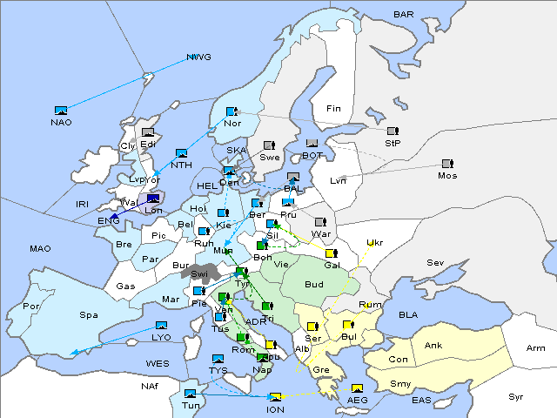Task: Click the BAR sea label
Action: pyautogui.click(x=404, y=15)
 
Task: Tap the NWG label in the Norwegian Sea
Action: pyautogui.click(x=198, y=57)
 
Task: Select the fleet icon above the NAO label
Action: pyautogui.click(x=61, y=111)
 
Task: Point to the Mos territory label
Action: pyautogui.click(x=447, y=175)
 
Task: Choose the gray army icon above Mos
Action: pyautogui.click(x=447, y=163)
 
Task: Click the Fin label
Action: pyautogui.click(x=333, y=109)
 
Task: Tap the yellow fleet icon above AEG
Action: pyautogui.click(x=357, y=388)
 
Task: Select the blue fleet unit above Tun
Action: pyautogui.click(x=191, y=394)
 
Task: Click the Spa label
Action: pyautogui.click(x=88, y=314)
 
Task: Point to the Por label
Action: pyautogui.click(x=31, y=307)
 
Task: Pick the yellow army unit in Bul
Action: pyautogui.click(x=348, y=325)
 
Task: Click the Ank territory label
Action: pyautogui.click(x=433, y=346)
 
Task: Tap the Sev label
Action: pyautogui.click(x=435, y=262)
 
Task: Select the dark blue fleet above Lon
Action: pyautogui.click(x=154, y=199)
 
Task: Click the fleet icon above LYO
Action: pyautogui.click(x=161, y=326)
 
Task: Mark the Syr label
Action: pyautogui.click(x=516, y=396)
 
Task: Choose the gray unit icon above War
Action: pyautogui.click(x=320, y=222)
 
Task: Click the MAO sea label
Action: pyautogui.click(x=40, y=248)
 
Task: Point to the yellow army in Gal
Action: pyautogui.click(x=331, y=253)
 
